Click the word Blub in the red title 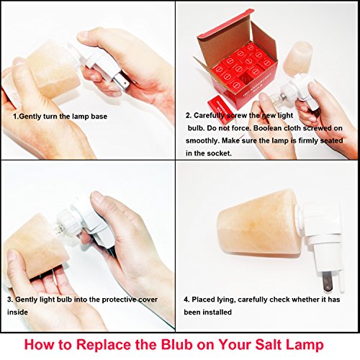coord(176,345)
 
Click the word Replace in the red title coord(104,346)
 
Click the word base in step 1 coord(99,117)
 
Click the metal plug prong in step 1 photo coord(122,81)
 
